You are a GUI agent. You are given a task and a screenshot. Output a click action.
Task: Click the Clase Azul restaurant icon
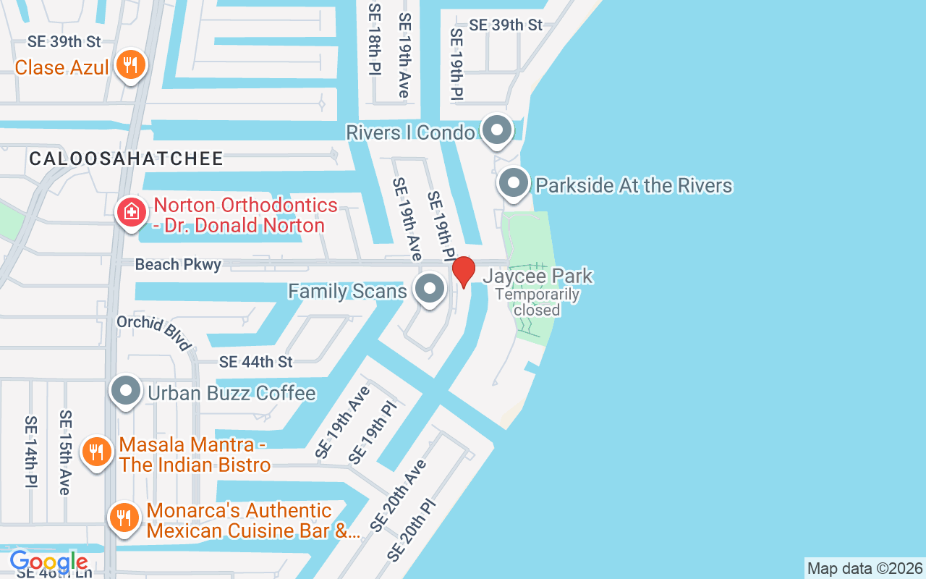tap(130, 66)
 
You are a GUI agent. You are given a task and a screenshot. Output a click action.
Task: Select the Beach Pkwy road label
tap(178, 265)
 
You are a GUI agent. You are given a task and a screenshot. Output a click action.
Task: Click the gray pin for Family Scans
tap(430, 289)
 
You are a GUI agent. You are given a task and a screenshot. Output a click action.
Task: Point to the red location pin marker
tap(463, 271)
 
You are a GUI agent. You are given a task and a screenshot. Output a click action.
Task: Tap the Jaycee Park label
tap(538, 276)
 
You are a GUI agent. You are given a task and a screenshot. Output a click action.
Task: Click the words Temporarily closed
tap(537, 303)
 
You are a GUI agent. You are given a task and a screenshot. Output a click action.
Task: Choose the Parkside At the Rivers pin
tap(514, 183)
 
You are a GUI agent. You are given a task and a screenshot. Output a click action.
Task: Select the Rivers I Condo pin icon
tap(496, 131)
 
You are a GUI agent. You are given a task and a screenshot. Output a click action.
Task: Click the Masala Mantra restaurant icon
tap(95, 452)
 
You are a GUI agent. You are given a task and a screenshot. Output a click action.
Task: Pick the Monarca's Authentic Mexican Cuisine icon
tap(124, 518)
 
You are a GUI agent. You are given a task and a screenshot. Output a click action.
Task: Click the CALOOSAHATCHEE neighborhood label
tap(127, 159)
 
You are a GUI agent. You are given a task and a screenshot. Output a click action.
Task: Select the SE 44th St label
tap(255, 361)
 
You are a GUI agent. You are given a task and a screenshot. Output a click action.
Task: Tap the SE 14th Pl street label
tap(30, 451)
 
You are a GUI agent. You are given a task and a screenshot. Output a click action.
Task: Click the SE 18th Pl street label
tap(374, 51)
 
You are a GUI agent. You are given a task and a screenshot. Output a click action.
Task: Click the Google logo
tap(48, 562)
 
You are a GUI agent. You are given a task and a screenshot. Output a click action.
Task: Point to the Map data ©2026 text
tap(865, 568)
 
